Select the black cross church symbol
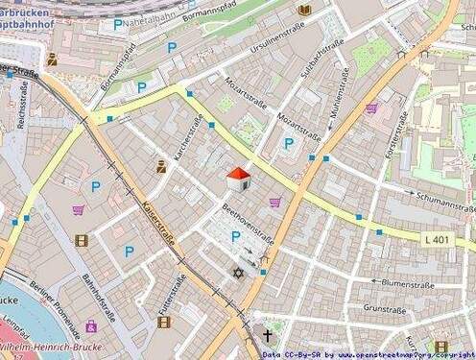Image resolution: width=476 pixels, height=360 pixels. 268,336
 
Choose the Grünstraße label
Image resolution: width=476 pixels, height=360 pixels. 384,309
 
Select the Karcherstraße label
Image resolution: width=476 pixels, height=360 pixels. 188,139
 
